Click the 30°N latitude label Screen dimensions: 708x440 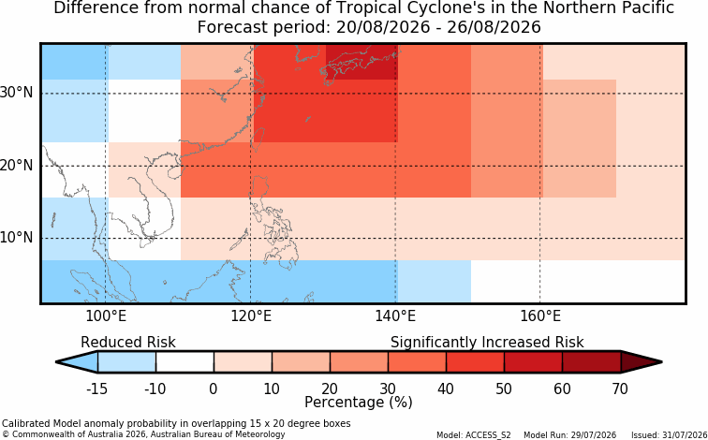[17, 93]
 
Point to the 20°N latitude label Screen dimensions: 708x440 [17, 165]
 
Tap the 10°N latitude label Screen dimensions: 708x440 [17, 238]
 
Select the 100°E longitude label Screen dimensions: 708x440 [106, 316]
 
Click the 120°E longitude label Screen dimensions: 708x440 [251, 316]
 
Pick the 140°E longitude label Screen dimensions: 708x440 [395, 316]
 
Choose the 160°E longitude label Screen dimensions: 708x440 [540, 316]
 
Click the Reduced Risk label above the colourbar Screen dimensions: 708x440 [128, 342]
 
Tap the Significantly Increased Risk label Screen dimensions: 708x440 [487, 343]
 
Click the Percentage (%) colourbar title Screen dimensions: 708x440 [359, 403]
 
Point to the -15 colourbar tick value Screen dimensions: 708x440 [96, 389]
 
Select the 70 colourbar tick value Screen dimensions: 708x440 [620, 389]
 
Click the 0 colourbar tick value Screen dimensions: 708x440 [214, 389]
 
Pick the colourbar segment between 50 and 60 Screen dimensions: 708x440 [533, 362]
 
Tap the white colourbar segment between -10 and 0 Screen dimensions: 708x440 [184, 362]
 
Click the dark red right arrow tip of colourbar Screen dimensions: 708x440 [661, 362]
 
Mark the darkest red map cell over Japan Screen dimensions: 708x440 [361, 63]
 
